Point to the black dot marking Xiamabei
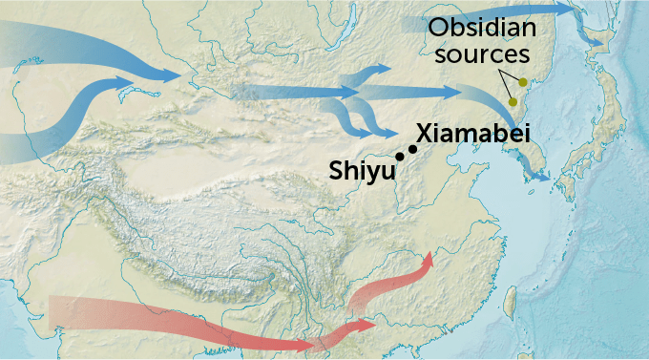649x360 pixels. (x=413, y=148)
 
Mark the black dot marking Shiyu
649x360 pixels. (x=399, y=157)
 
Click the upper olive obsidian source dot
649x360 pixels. (x=523, y=82)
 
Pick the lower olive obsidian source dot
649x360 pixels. (x=513, y=102)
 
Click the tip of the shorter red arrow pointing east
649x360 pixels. (x=374, y=325)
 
